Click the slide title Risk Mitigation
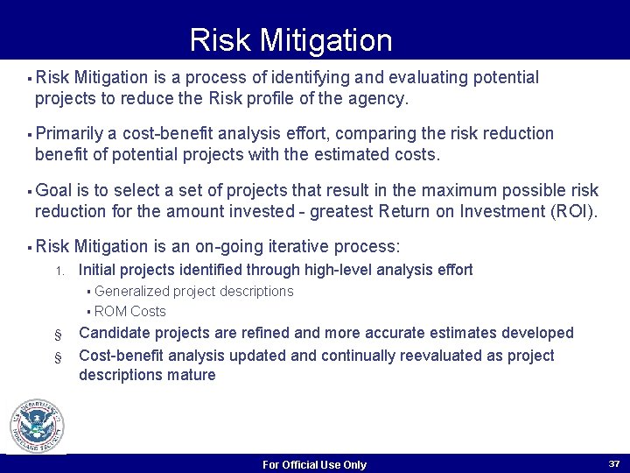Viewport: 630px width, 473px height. coord(290,40)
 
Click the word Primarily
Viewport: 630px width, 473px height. coord(69,134)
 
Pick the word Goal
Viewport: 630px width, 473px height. coord(53,190)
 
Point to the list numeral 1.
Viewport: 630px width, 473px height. coord(59,271)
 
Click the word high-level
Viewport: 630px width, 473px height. coord(332,270)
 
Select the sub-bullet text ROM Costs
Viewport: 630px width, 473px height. coord(129,311)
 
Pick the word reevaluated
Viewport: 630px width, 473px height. coord(457,356)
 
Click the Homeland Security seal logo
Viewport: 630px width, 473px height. coord(37,427)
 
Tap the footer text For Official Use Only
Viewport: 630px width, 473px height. coord(314,464)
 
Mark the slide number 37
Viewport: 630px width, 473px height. coord(614,462)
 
